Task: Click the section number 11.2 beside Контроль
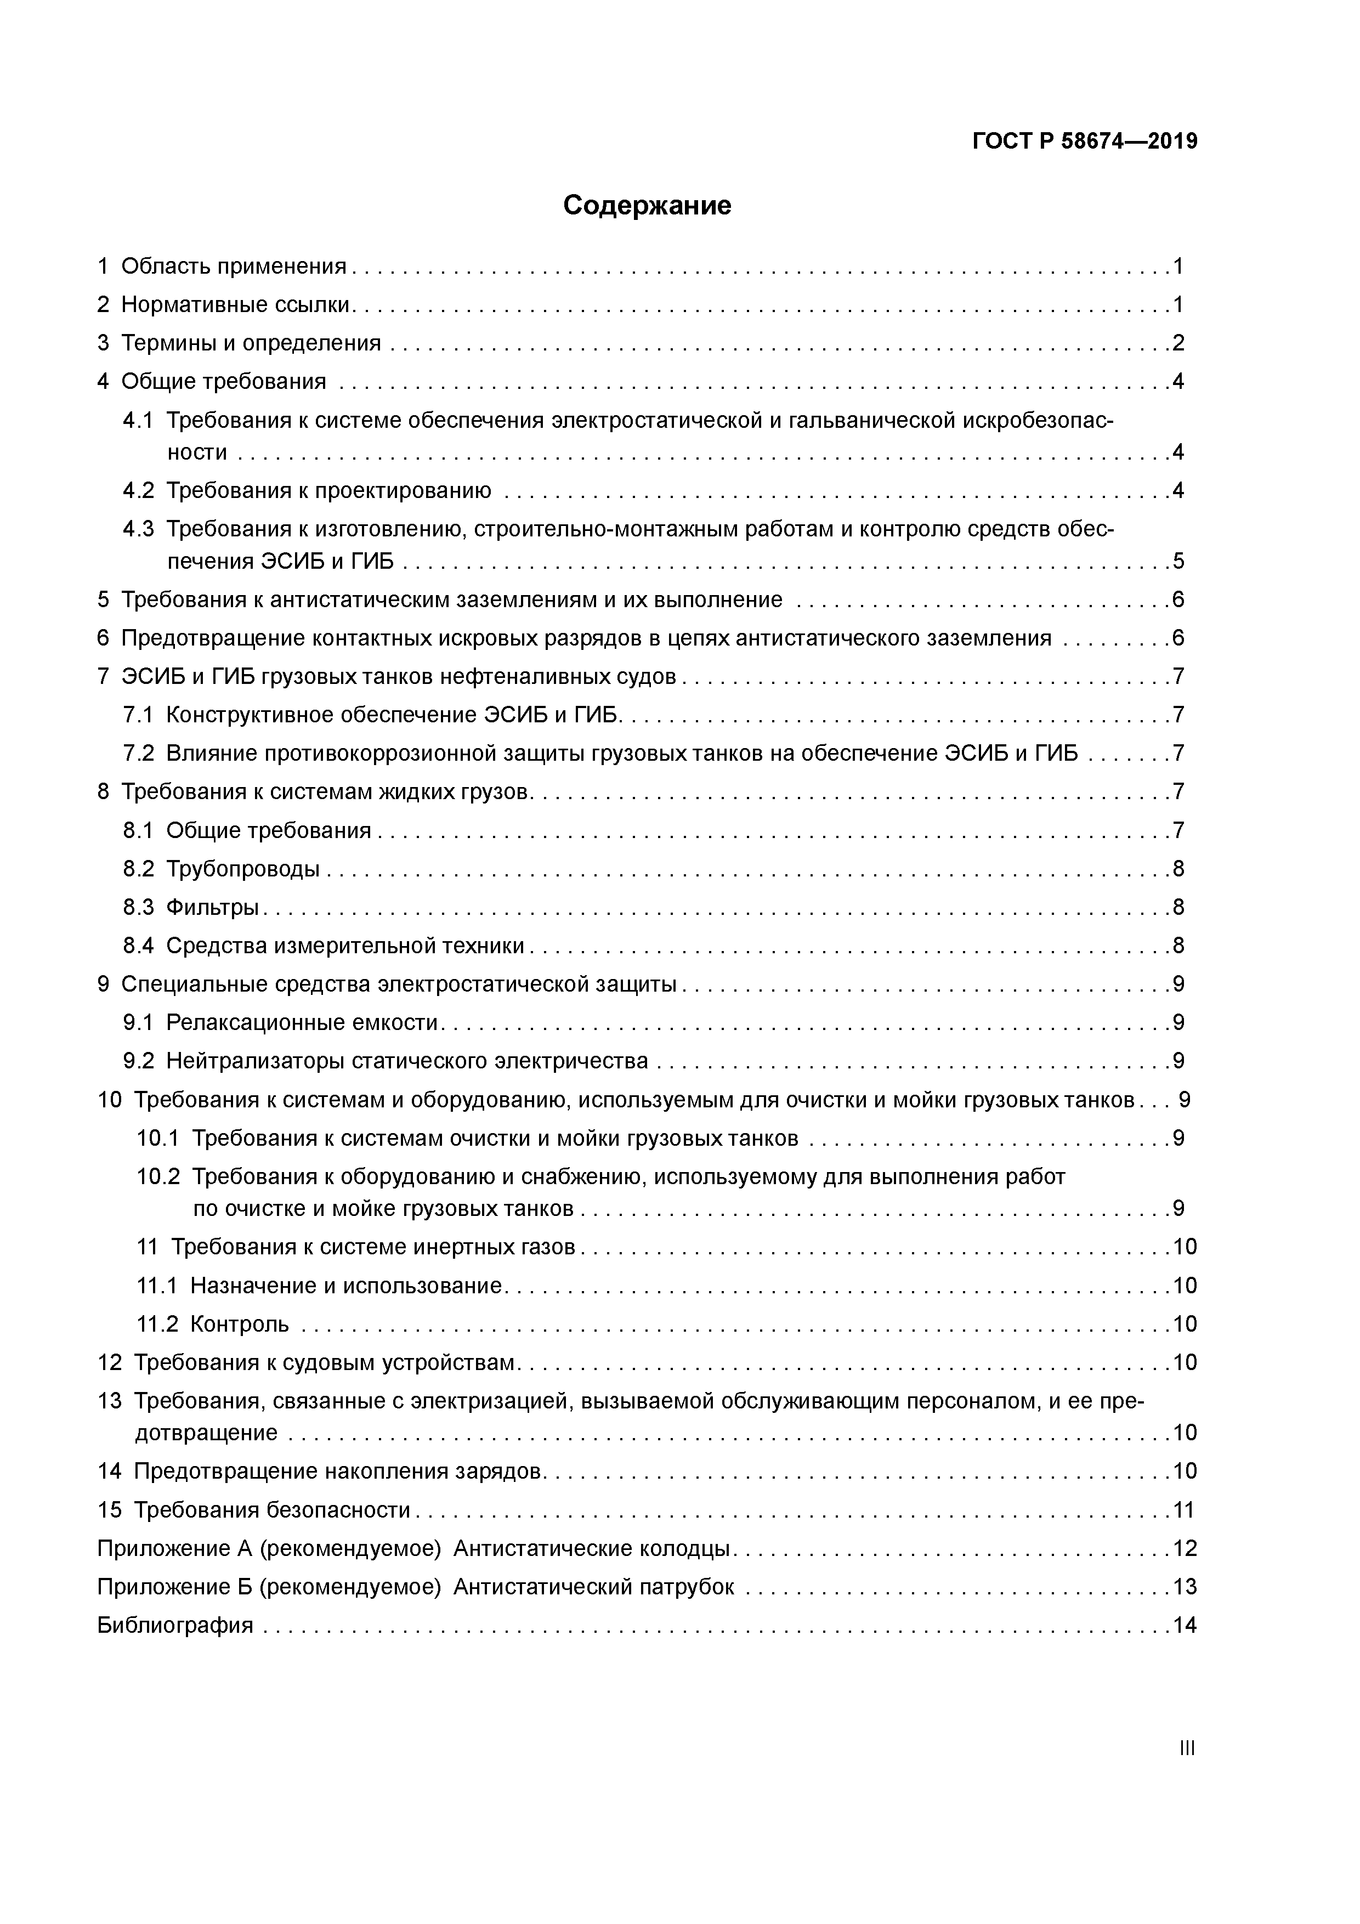pos(157,1323)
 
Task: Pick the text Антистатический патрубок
pos(593,1586)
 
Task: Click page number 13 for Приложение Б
pos(1184,1586)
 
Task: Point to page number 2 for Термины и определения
pos(1178,343)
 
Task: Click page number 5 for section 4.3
pos(1178,561)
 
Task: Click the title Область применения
pos(234,265)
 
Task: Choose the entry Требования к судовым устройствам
pos(324,1362)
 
